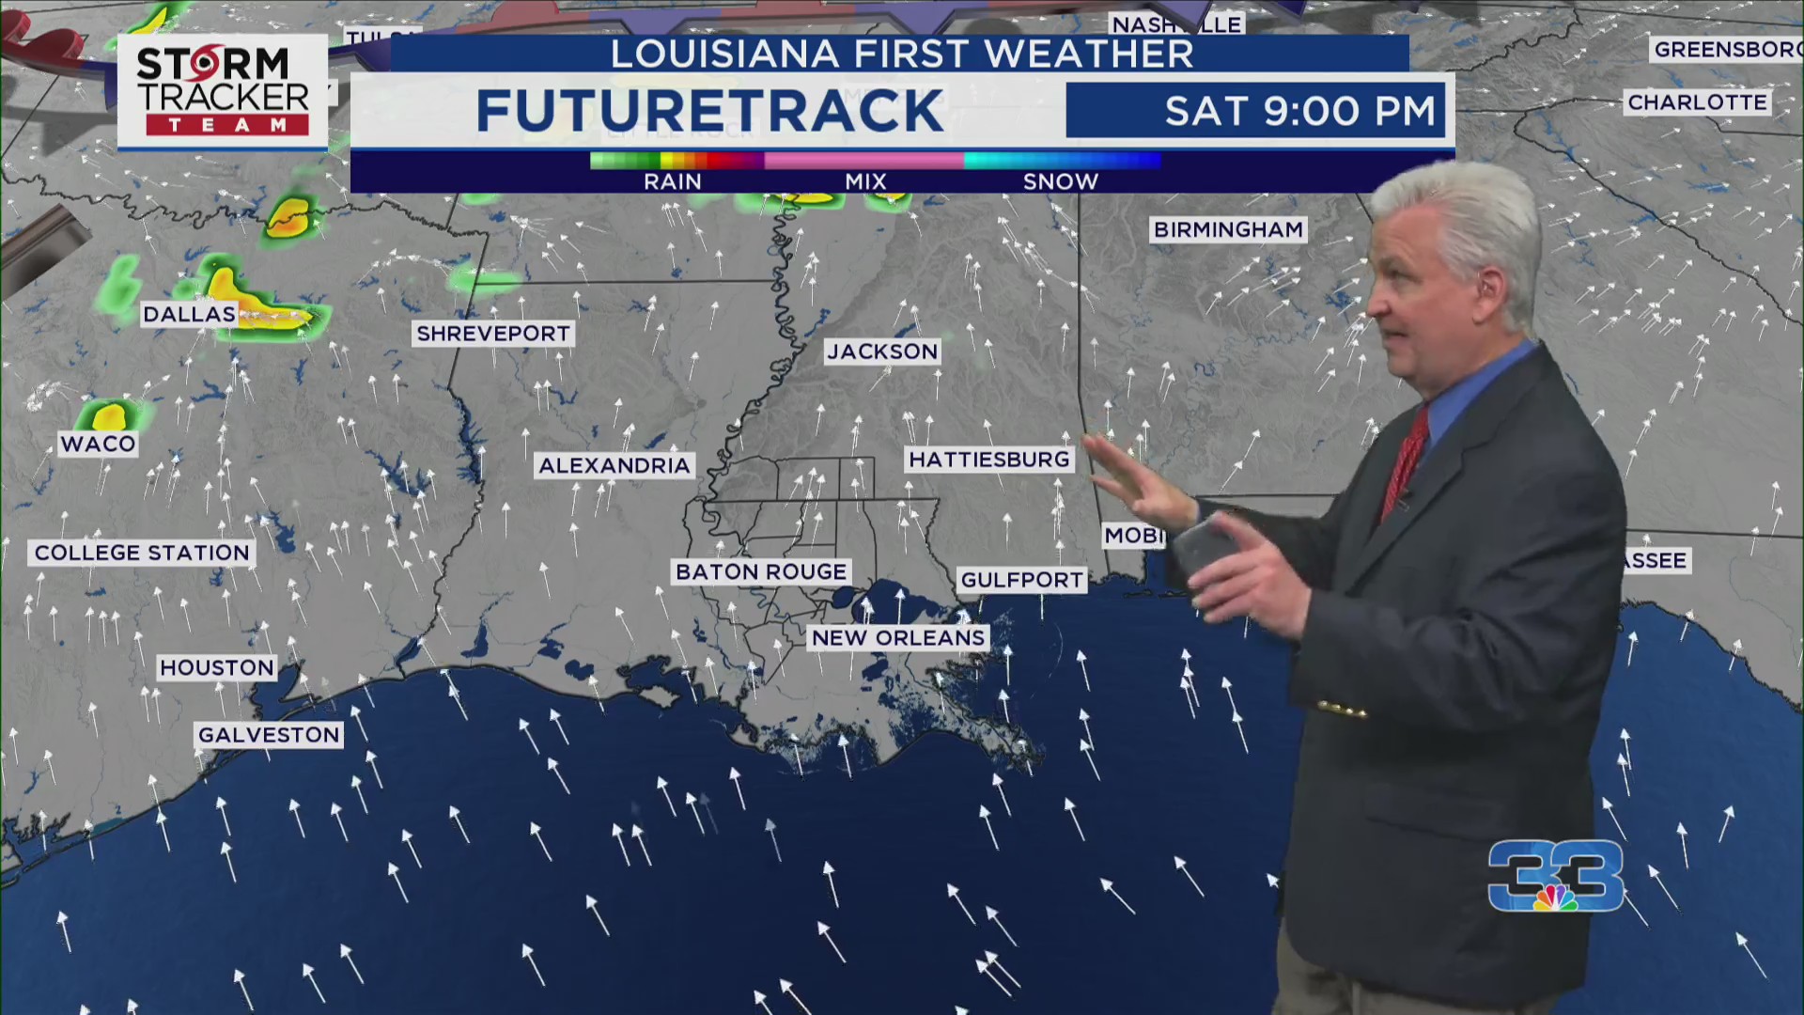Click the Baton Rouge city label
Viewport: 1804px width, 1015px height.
(x=761, y=571)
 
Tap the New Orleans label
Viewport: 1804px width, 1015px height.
(x=898, y=637)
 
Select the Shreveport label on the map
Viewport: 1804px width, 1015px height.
(x=493, y=334)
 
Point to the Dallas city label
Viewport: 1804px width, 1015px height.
(x=189, y=314)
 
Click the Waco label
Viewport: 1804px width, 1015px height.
(x=99, y=444)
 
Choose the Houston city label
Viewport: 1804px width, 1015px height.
(x=217, y=667)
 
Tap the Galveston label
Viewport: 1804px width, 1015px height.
(x=269, y=735)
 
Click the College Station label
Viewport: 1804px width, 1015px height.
(x=143, y=553)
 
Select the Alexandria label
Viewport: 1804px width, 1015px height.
(x=614, y=465)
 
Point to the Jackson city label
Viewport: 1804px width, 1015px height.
(x=882, y=351)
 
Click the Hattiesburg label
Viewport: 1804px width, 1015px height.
(x=989, y=460)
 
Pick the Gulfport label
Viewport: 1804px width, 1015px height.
(x=1022, y=580)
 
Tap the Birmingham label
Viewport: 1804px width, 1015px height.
(x=1228, y=229)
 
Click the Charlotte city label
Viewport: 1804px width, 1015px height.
(x=1697, y=102)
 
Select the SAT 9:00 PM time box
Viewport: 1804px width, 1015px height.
(x=1255, y=111)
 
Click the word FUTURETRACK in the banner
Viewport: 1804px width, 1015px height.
(x=709, y=111)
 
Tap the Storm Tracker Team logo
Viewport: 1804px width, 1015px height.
(x=223, y=92)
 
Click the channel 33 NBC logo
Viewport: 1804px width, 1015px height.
(x=1556, y=877)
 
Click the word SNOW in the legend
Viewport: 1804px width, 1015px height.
(x=1060, y=181)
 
